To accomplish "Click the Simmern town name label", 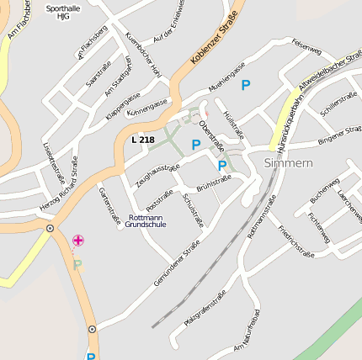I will [288, 162].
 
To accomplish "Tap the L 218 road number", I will [144, 138].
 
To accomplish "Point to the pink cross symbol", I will [78, 241].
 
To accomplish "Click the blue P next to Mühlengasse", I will [246, 85].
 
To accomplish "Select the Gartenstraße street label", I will [110, 206].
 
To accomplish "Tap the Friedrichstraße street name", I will [295, 241].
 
